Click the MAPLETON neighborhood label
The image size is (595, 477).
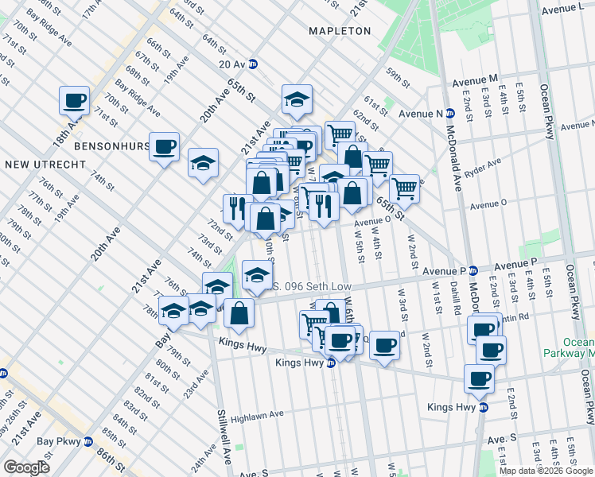340,31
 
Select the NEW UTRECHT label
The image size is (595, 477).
38,165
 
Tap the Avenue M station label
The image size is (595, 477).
475,80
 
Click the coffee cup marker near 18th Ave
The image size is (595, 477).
75,101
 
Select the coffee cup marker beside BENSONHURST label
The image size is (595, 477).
165,146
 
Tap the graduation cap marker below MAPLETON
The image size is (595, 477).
297,99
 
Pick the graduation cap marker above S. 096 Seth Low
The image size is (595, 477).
257,275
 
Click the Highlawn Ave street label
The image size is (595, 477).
258,415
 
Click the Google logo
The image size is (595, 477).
26,467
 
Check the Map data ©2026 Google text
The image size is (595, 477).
546,471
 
